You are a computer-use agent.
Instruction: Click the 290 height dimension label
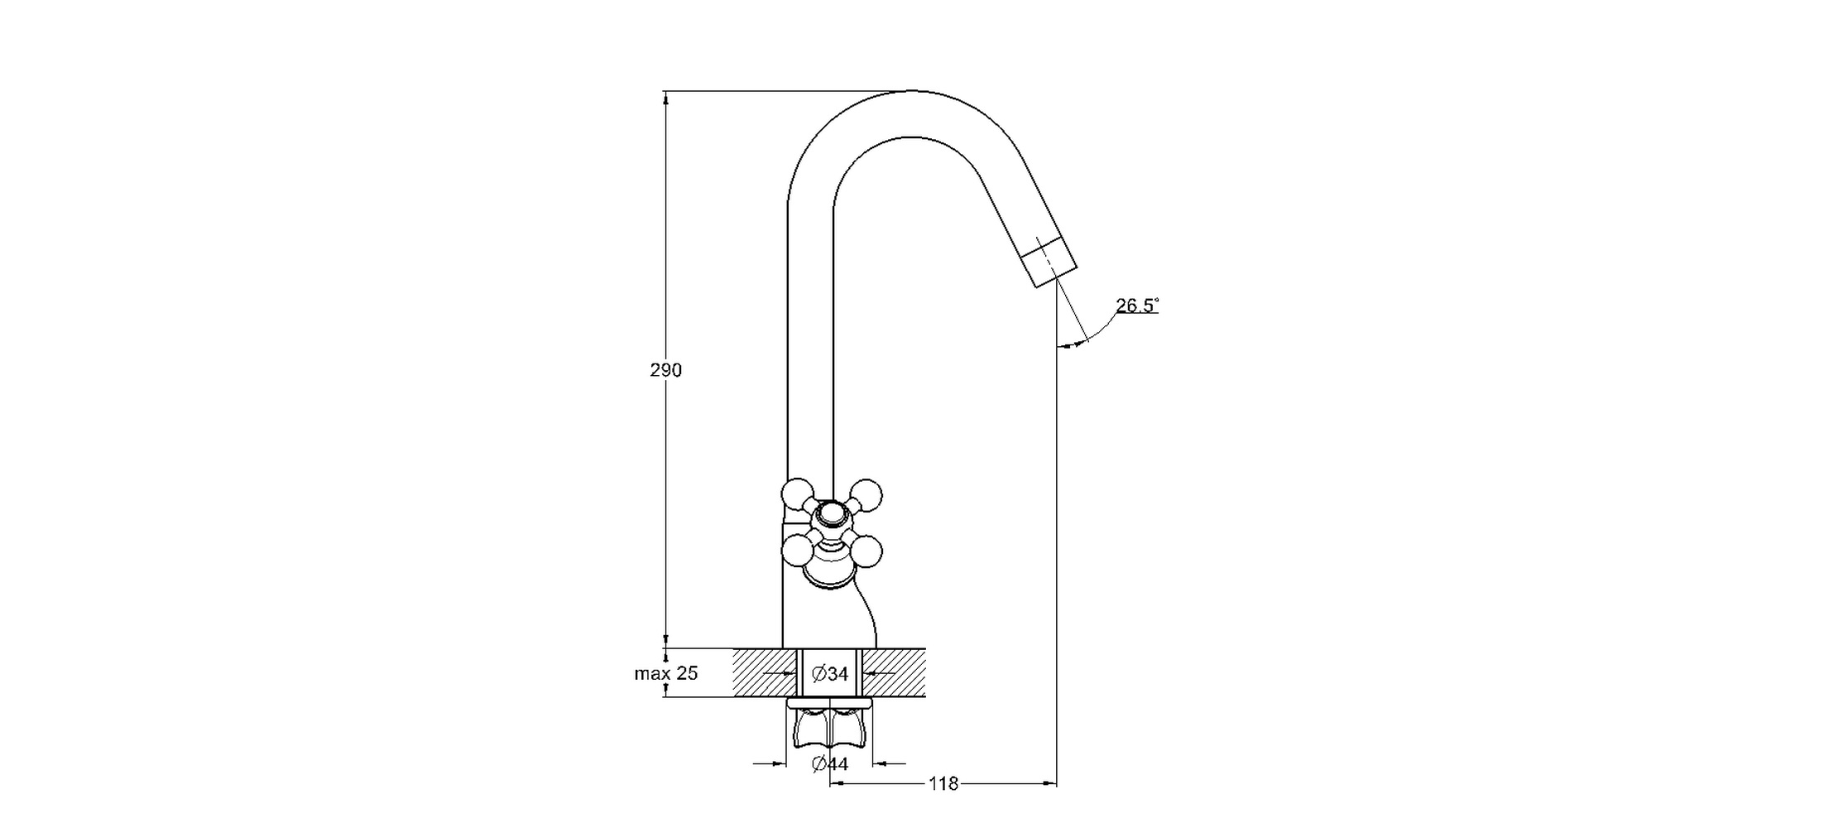tap(665, 370)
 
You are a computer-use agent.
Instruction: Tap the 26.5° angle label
tap(1137, 306)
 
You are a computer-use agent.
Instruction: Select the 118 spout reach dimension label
tap(943, 783)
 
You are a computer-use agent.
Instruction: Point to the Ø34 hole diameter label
tap(830, 674)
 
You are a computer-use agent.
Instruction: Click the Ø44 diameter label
tap(830, 764)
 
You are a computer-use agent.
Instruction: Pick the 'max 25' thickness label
tap(666, 673)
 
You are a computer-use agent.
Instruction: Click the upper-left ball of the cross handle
tap(798, 495)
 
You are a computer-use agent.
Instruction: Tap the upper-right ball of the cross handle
tap(866, 495)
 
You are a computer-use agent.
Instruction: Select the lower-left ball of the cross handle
tap(798, 551)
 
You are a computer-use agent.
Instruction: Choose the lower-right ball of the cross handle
tap(866, 551)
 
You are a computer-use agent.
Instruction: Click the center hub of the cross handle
tap(832, 517)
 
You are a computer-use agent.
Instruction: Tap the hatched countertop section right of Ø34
tap(894, 672)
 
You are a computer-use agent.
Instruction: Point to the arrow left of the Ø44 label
tap(769, 763)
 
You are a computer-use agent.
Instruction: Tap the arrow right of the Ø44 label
tap(890, 763)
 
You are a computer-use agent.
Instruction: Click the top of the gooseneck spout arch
tap(910, 91)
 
